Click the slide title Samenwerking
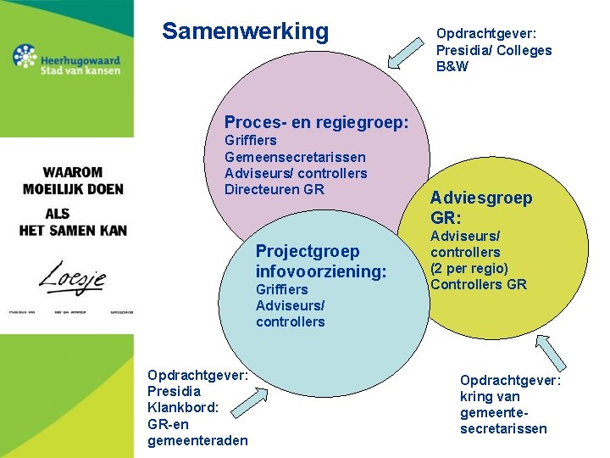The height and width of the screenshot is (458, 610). [x=245, y=31]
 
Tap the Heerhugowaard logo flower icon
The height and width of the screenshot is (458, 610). [x=25, y=58]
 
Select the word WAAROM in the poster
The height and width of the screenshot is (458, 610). [x=74, y=172]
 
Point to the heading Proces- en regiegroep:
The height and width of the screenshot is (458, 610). [x=316, y=123]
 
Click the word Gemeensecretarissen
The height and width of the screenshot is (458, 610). [x=295, y=157]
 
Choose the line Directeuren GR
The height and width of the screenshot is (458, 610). [x=274, y=189]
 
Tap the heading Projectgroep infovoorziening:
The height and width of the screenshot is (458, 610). [x=320, y=261]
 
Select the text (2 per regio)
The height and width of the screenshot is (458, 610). [x=469, y=268]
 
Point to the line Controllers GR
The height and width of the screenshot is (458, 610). [x=478, y=284]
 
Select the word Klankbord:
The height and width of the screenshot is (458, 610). [x=183, y=407]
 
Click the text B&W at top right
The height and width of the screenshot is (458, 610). [x=452, y=66]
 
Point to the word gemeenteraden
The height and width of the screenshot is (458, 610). [x=197, y=440]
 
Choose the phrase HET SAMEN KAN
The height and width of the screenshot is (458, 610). [x=73, y=230]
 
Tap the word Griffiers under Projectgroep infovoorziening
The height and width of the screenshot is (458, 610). [x=281, y=289]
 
